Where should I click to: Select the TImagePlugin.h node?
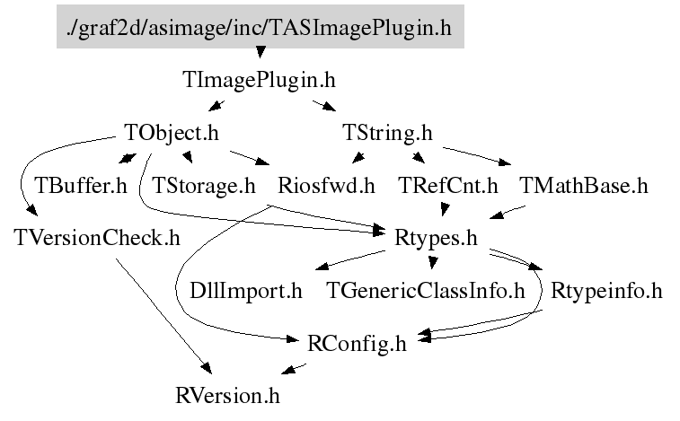pyautogui.click(x=259, y=80)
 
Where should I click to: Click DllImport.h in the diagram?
pyautogui.click(x=246, y=291)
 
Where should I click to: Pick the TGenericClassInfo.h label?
pyautogui.click(x=425, y=291)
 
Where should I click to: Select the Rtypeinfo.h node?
pyautogui.click(x=606, y=291)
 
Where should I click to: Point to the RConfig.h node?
pyautogui.click(x=357, y=343)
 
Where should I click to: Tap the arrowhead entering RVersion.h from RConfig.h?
pyautogui.click(x=287, y=370)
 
